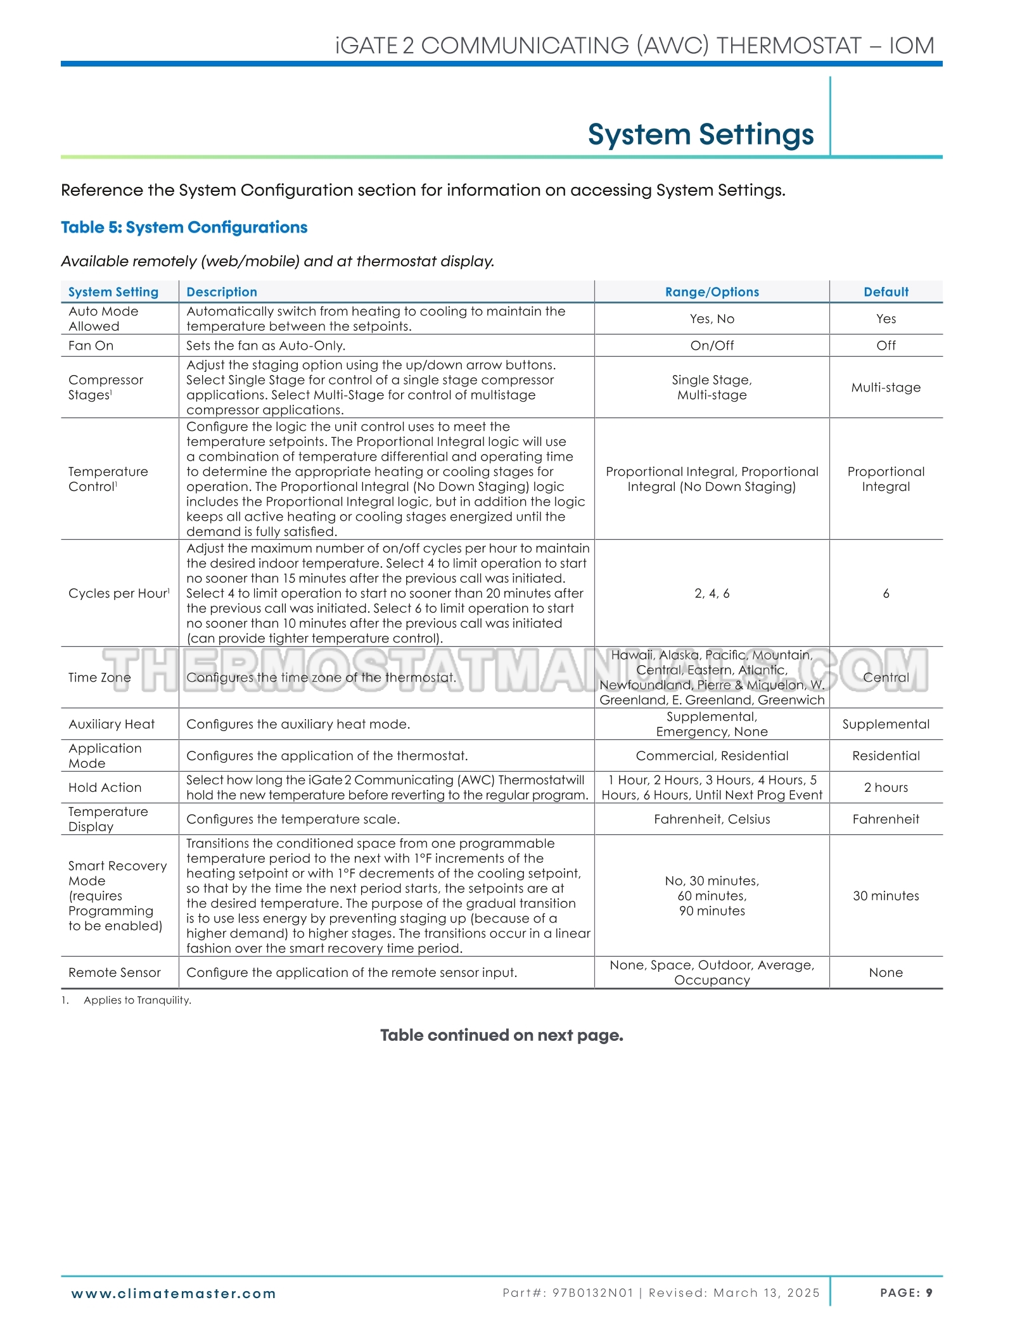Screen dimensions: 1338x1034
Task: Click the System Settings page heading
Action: point(700,134)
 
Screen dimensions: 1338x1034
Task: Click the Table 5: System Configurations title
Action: point(184,227)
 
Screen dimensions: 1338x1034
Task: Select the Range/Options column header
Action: point(712,292)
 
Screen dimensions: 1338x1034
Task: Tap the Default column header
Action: point(886,292)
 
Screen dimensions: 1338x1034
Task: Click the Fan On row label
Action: point(91,345)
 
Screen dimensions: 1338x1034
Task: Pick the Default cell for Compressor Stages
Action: point(886,387)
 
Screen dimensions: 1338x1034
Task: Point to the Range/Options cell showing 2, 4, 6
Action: point(712,593)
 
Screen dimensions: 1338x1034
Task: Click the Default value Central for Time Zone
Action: point(886,677)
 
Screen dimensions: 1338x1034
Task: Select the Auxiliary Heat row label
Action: point(112,724)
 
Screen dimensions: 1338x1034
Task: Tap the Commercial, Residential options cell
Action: point(712,756)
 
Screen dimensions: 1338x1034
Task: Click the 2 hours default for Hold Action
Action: point(886,787)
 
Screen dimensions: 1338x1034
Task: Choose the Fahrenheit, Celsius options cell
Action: point(712,819)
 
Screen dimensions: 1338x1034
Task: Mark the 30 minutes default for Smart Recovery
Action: point(886,896)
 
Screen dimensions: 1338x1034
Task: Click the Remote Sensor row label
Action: point(115,972)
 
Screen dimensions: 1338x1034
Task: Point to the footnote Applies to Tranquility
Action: point(137,1000)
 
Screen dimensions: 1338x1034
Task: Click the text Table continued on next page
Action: point(502,1035)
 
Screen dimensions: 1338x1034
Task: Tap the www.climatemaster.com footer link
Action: point(174,1294)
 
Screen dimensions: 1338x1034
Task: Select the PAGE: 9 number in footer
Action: point(906,1293)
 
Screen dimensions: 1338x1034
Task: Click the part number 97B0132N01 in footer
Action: point(592,1293)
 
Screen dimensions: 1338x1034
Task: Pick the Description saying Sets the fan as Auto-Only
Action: point(265,345)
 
